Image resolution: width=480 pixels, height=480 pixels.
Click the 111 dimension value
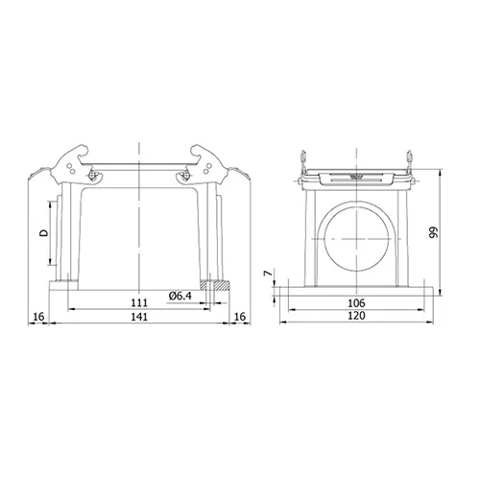click(x=139, y=302)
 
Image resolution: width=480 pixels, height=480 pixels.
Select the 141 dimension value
click(x=139, y=317)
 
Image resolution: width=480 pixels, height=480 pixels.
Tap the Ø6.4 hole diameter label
click(x=180, y=296)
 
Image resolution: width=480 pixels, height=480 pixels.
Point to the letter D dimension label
click(x=44, y=232)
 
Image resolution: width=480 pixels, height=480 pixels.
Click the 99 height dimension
click(x=433, y=232)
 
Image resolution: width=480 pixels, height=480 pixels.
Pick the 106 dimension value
click(x=356, y=302)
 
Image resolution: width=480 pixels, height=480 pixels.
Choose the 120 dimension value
click(x=356, y=316)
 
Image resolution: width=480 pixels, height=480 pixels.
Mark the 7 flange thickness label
click(x=268, y=273)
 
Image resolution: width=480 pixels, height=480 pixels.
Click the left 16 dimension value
click(x=38, y=317)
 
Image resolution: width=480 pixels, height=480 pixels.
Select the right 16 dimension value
click(x=240, y=317)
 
